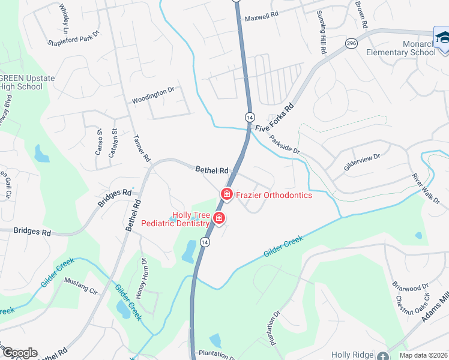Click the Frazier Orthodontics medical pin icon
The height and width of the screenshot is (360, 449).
coord(227,194)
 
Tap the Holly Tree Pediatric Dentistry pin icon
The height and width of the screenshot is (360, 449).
coord(219,218)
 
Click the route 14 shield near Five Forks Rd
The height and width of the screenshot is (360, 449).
coord(250,116)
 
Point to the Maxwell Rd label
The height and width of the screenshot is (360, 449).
coord(262,18)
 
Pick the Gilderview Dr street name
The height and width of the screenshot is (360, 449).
coord(362,163)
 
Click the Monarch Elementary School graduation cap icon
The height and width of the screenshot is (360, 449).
coord(442,37)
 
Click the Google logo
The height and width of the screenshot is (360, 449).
coord(19,353)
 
